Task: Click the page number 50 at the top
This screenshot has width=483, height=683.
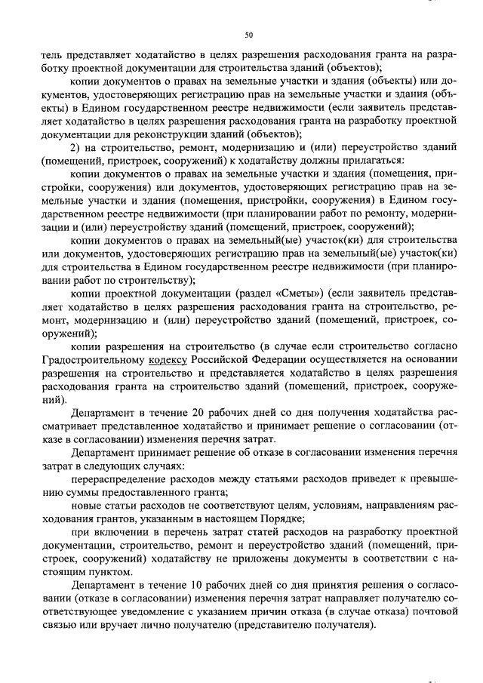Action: click(248, 34)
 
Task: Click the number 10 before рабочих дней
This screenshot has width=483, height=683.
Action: click(194, 586)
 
